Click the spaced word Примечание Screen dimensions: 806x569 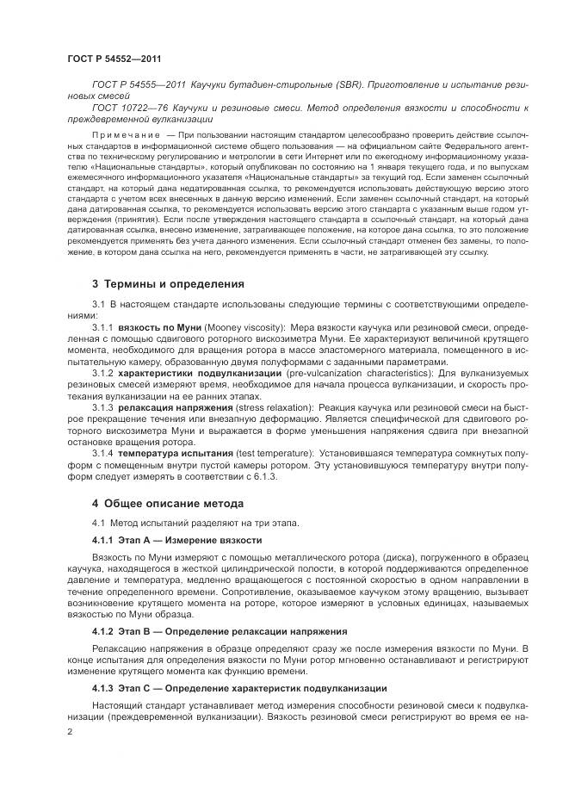(126, 135)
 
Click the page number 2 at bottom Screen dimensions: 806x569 (70, 731)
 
